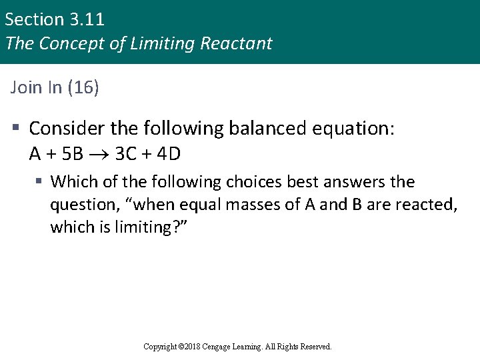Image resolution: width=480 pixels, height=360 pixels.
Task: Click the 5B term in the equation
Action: pos(72,154)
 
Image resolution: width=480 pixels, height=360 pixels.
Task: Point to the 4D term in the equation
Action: pos(168,154)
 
